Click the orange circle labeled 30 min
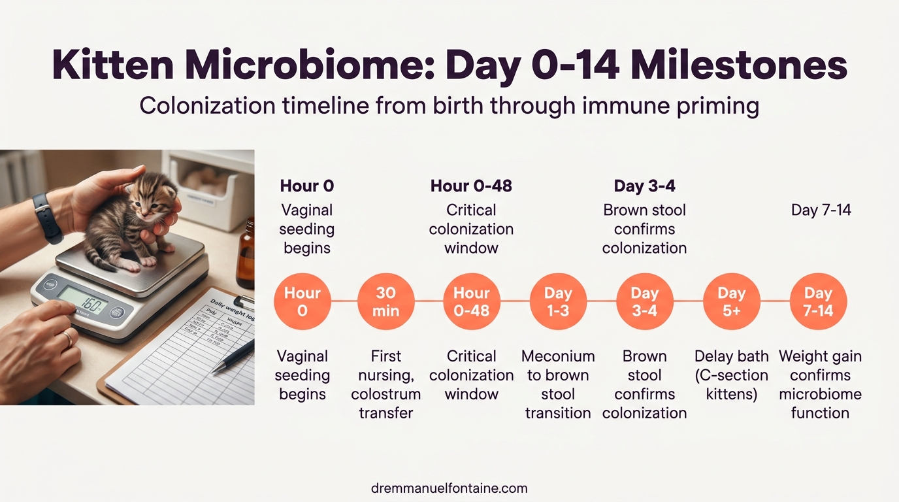coord(385,301)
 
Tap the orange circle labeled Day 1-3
coord(558,301)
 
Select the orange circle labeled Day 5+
coord(731,301)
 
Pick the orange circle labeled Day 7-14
coord(818,301)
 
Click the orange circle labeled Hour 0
coord(302,301)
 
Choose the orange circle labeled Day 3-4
coord(644,301)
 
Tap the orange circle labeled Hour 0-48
coord(471,301)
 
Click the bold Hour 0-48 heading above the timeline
coord(471,186)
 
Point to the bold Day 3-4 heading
coord(644,186)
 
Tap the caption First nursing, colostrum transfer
coord(385,384)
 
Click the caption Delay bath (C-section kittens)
coord(731,375)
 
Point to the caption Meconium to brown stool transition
coord(558,384)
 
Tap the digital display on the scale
coord(83,300)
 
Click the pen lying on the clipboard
coord(232,356)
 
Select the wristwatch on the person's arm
coord(47,217)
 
